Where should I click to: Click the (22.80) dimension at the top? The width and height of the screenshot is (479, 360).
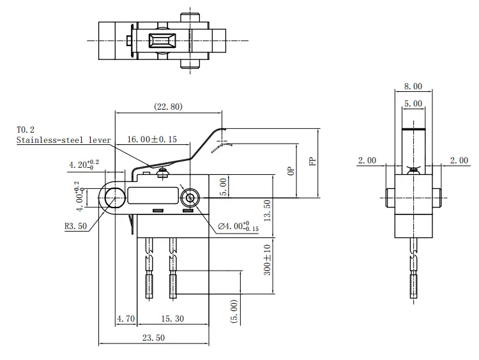[168, 107]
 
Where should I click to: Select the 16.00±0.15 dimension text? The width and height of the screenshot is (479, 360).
[152, 139]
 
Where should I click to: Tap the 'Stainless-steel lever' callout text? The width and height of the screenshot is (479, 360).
[64, 140]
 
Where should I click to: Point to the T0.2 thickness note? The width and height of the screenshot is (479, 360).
[26, 130]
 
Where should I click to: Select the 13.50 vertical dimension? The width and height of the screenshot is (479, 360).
[267, 208]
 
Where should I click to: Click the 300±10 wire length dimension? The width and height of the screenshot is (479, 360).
[267, 259]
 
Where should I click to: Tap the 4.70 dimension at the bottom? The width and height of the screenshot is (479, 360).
[126, 318]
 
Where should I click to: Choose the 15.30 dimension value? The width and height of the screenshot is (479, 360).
[173, 318]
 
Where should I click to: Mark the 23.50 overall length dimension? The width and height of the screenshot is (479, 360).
[154, 338]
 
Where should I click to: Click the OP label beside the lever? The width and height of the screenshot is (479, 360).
[291, 171]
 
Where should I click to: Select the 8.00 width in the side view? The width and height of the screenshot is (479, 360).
[413, 86]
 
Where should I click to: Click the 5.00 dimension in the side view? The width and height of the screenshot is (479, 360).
[413, 103]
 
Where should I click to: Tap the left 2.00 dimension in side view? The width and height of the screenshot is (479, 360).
[367, 160]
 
